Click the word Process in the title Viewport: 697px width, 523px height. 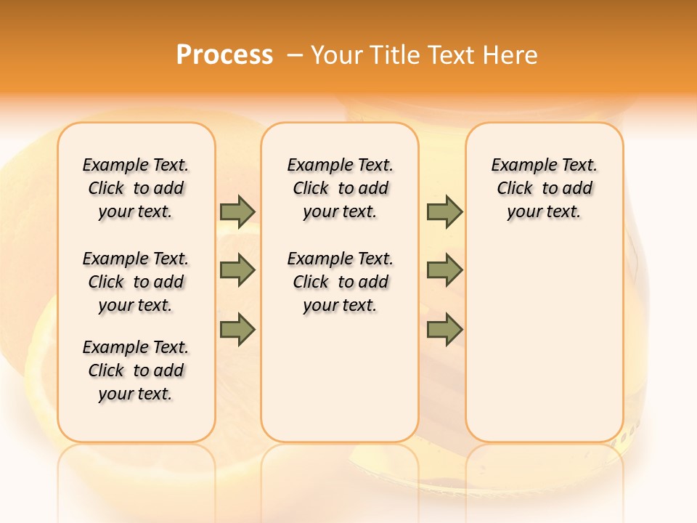[x=224, y=55]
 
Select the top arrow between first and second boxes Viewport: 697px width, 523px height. [x=237, y=211]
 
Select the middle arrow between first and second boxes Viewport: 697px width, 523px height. [x=237, y=271]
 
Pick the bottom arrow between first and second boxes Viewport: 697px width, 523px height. [x=237, y=330]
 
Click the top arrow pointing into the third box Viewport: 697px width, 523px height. [x=444, y=211]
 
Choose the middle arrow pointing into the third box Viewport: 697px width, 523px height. [x=444, y=271]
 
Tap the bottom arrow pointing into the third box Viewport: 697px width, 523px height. [x=444, y=330]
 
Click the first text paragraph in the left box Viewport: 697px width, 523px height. [x=136, y=188]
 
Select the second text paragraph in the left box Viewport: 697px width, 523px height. [x=136, y=282]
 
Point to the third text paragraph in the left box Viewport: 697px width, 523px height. [x=136, y=370]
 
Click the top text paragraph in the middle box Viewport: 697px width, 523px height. [x=340, y=188]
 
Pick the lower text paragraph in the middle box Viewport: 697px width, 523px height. [x=340, y=282]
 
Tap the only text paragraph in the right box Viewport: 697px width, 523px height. [x=544, y=188]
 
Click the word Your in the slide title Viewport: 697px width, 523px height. [x=338, y=55]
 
